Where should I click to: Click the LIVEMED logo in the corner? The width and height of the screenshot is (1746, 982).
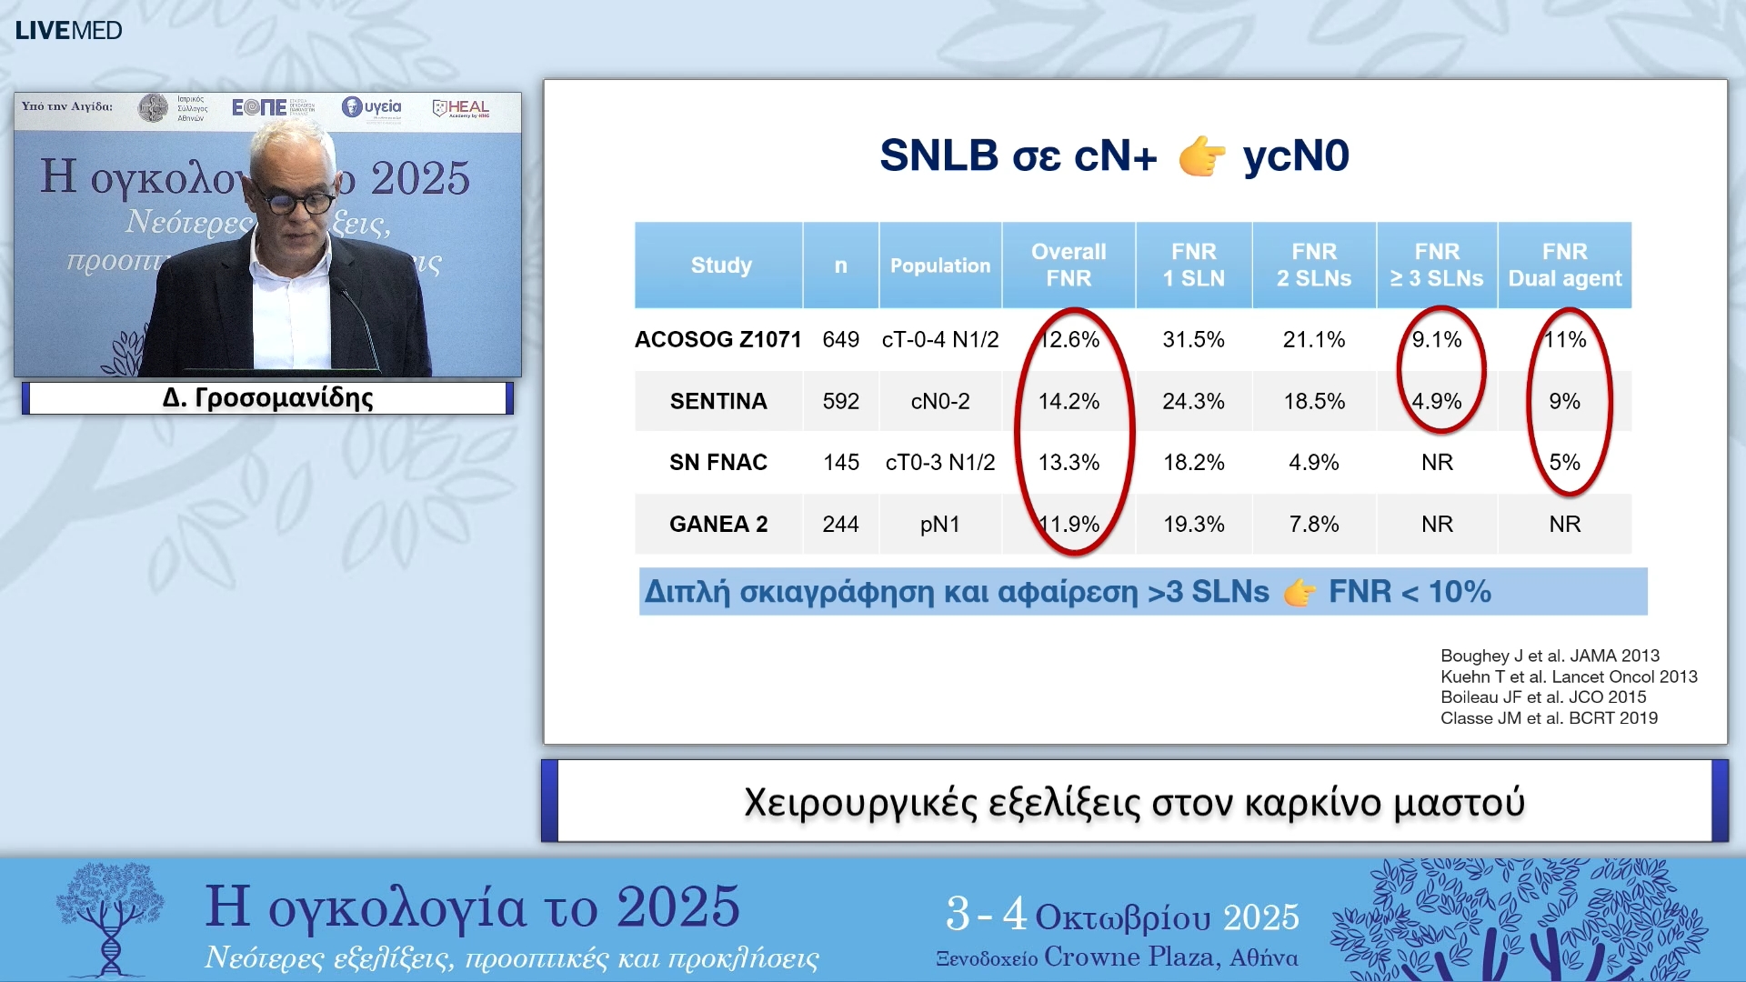pos(68,30)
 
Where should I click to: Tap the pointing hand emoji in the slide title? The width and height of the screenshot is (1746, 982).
pos(1201,155)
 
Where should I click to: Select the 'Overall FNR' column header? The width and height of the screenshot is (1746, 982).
pos(1069,265)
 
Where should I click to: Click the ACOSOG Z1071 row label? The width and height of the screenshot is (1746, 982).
pos(717,339)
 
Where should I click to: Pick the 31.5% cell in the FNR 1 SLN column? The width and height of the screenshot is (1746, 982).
pos(1193,339)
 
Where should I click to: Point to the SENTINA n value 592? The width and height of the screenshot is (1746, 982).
pos(840,401)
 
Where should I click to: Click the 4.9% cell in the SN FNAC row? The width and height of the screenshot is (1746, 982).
pos(1313,462)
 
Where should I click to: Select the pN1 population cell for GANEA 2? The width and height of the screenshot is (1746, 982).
pos(939,524)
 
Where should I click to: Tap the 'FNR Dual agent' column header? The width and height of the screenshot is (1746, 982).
pos(1564,265)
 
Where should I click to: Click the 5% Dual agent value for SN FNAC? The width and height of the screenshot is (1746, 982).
pos(1564,462)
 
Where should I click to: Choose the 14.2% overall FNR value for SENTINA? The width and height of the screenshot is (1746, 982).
pos(1069,401)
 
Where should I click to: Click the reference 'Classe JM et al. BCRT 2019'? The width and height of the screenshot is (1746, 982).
pos(1549,717)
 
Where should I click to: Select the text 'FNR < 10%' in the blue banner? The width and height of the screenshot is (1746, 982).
pos(1410,592)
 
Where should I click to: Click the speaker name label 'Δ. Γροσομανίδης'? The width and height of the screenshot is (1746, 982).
pos(267,397)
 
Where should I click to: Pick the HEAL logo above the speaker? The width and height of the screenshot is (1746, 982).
pos(461,108)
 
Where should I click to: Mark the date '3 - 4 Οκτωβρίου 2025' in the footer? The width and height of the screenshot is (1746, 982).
pos(1122,915)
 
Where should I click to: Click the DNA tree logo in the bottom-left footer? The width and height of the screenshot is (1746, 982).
pos(110,918)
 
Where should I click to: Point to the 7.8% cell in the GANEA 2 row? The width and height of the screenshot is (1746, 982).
pos(1313,524)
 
